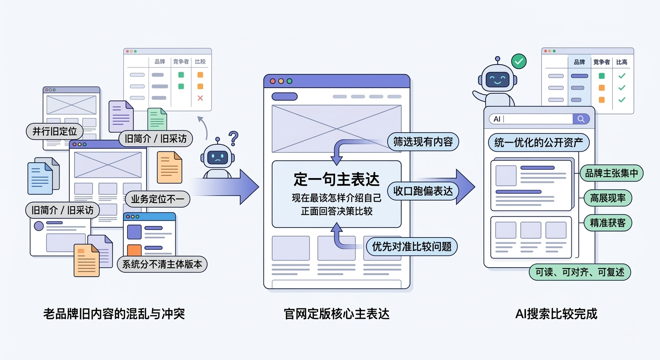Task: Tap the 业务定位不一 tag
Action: (x=157, y=199)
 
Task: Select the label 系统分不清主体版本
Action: (x=162, y=264)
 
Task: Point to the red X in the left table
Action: (x=200, y=98)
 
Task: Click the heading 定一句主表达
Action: (x=336, y=179)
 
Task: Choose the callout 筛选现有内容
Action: (x=423, y=142)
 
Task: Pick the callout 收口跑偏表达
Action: (x=423, y=191)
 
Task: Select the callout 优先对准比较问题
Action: (x=412, y=246)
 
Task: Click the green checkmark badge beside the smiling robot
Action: (x=518, y=61)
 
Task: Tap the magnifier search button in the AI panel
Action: (x=581, y=119)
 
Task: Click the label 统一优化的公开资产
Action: (x=538, y=143)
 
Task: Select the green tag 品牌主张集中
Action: (x=612, y=173)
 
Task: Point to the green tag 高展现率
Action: (x=608, y=198)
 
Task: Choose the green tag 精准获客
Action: (x=608, y=223)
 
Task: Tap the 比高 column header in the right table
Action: (x=622, y=62)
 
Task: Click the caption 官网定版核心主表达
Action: (x=337, y=314)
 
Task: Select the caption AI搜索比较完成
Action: (x=556, y=314)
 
